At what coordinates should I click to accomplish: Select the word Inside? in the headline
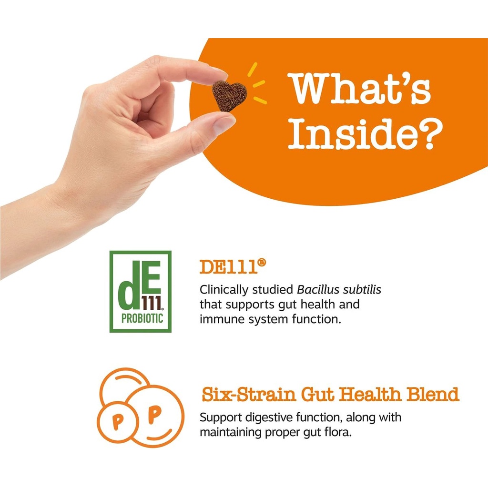[x=365, y=133]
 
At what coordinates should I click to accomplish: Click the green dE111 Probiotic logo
[x=141, y=291]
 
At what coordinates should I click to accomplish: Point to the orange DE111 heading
[x=233, y=267]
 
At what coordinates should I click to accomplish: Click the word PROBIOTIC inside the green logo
[x=142, y=318]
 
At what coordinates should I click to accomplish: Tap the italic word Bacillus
[x=318, y=289]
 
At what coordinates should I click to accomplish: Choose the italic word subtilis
[x=362, y=289]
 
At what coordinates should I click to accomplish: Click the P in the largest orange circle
[x=154, y=415]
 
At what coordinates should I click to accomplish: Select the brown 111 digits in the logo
[x=152, y=303]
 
